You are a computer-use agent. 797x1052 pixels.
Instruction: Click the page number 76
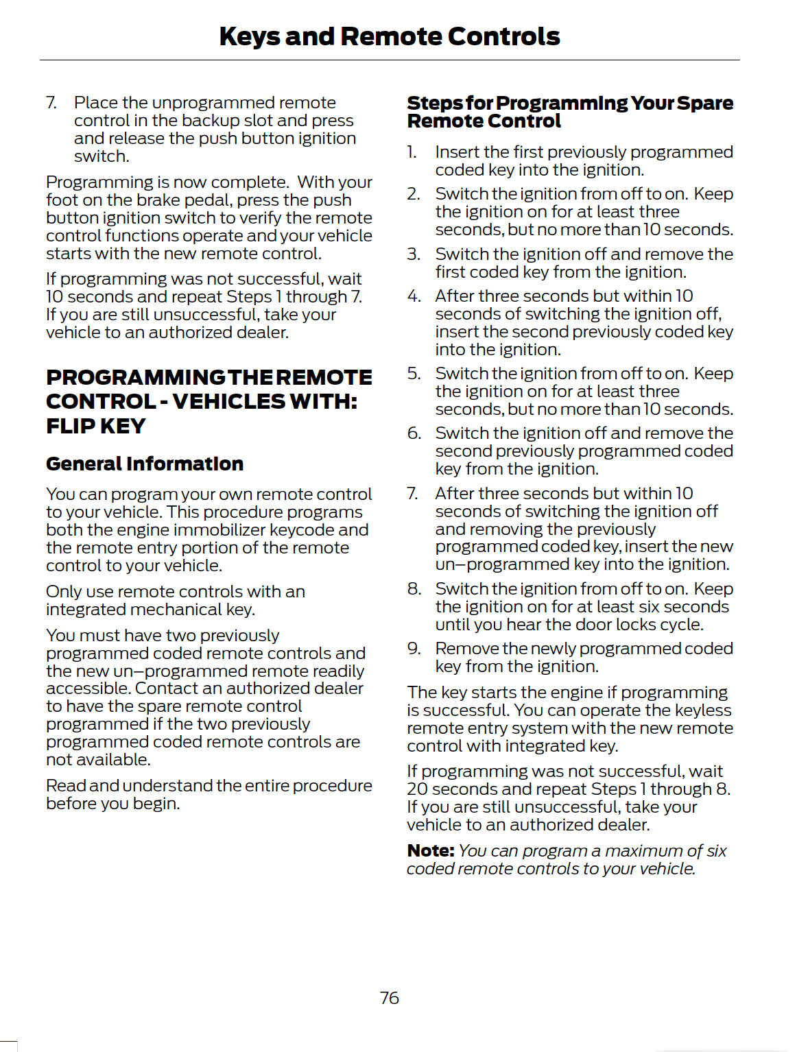(x=389, y=998)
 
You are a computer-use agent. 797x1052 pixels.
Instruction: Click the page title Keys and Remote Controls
(x=390, y=36)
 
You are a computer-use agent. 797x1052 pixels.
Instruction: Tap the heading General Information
(x=145, y=464)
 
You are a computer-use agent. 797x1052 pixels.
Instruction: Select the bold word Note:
(x=431, y=851)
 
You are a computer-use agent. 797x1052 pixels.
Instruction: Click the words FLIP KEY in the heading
(x=96, y=426)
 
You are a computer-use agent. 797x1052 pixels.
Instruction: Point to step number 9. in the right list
(x=414, y=649)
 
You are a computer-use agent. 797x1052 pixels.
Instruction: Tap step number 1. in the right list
(x=412, y=152)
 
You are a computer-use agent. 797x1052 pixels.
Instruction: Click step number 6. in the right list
(x=414, y=433)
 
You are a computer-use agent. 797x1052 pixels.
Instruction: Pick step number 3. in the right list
(x=414, y=254)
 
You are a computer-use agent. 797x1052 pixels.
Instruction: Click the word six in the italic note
(x=716, y=851)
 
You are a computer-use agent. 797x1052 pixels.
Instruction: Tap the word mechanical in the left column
(x=176, y=610)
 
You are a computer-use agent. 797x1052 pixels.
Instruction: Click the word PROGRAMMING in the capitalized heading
(x=135, y=378)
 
